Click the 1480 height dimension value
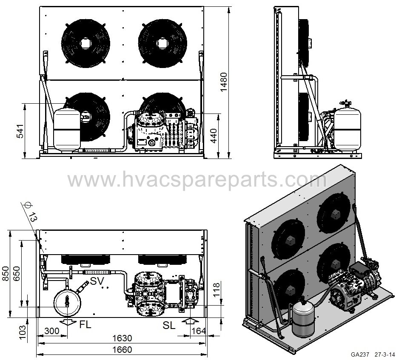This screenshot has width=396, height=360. pos(223,82)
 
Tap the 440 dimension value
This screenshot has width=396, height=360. pos(214,136)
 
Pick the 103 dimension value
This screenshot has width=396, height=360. pos(22,333)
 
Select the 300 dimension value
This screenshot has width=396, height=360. pos(52,331)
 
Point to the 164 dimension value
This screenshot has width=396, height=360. pos(199,331)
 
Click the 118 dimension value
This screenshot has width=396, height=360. pos(217,290)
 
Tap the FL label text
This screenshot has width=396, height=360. pos(85,325)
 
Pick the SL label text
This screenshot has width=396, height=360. pos(169,326)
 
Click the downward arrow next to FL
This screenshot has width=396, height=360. pos(68,321)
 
